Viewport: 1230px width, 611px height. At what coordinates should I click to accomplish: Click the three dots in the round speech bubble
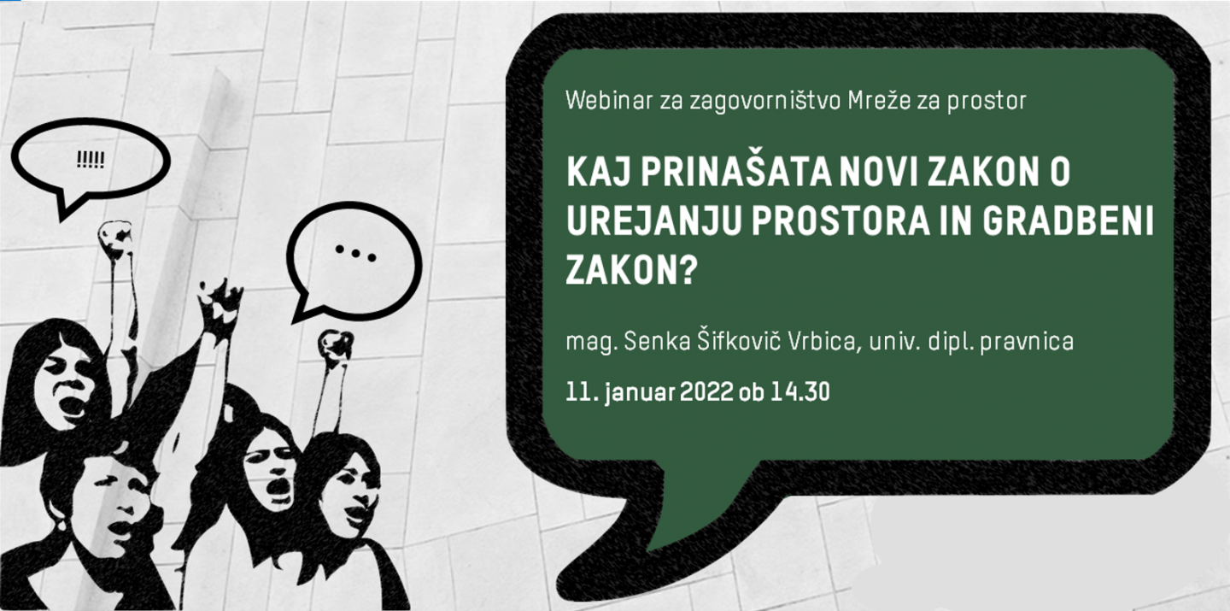(355, 252)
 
